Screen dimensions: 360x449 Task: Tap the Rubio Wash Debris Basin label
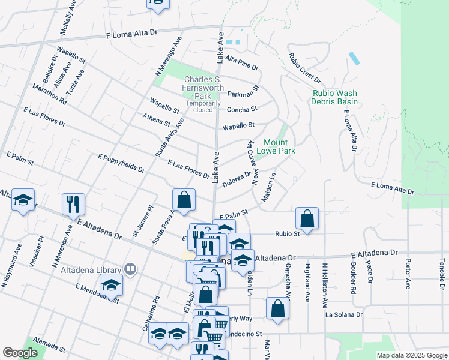335,97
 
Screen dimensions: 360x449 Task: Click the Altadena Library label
91,270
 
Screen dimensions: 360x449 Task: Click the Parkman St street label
243,94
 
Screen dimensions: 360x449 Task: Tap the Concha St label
241,109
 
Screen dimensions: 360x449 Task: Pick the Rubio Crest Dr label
304,68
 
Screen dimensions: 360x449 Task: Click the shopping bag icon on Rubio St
307,220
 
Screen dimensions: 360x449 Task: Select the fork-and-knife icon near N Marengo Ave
74,204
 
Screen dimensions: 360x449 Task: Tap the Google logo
20,353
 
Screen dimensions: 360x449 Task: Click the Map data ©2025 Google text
411,355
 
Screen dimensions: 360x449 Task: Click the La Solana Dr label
344,314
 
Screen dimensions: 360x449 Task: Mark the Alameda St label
50,344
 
